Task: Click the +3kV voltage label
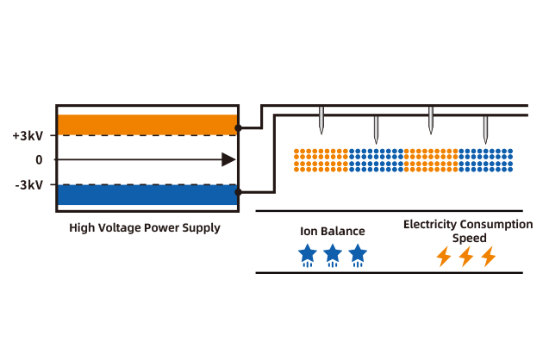pyautogui.click(x=28, y=136)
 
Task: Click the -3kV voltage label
pyautogui.click(x=28, y=184)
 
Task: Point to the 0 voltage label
pyautogui.click(x=39, y=160)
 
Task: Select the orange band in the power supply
pyautogui.click(x=147, y=124)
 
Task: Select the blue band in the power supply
pyautogui.click(x=147, y=195)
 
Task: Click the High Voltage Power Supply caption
pyautogui.click(x=145, y=228)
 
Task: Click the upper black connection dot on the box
pyautogui.click(x=238, y=127)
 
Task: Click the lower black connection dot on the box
pyautogui.click(x=238, y=193)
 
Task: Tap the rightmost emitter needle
pyautogui.click(x=485, y=129)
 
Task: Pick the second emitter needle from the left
pyautogui.click(x=376, y=129)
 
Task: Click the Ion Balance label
pyautogui.click(x=332, y=231)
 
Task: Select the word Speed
pyautogui.click(x=470, y=238)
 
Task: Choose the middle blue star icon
pyautogui.click(x=333, y=254)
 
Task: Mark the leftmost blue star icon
pyautogui.click(x=307, y=254)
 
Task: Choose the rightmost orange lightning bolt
pyautogui.click(x=489, y=256)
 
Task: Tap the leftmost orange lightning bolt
pyautogui.click(x=444, y=256)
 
